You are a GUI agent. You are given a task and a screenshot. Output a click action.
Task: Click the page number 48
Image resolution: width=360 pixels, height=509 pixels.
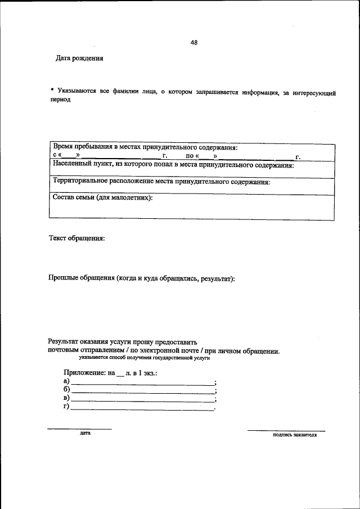194,43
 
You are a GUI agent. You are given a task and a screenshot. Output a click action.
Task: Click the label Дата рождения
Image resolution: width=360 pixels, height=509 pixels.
79,58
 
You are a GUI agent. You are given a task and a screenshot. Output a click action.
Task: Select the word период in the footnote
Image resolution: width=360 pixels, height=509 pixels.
61,99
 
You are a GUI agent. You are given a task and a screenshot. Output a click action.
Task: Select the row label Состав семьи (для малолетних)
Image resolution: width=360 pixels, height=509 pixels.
102,197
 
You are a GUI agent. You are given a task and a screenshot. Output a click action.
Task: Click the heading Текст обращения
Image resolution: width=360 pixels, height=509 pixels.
76,238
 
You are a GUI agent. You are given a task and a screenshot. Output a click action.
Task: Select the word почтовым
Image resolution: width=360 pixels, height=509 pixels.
63,350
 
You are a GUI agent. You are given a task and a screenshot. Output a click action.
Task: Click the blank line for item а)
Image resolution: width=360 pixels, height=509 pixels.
142,384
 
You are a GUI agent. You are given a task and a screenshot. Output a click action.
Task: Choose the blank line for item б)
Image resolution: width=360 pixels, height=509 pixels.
142,392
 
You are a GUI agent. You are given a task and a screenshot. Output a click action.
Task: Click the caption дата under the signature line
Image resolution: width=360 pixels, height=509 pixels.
85,434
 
